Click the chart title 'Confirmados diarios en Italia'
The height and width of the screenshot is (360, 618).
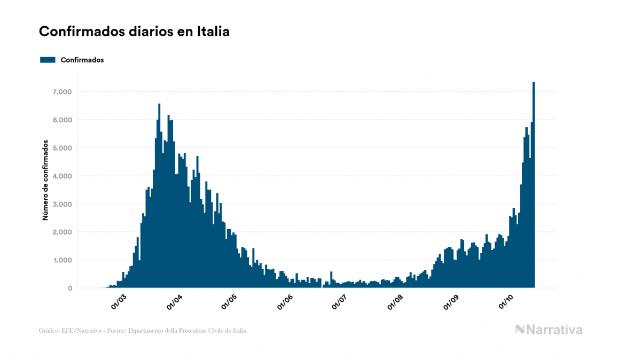point(134,32)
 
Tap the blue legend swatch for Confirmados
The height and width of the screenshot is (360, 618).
point(48,60)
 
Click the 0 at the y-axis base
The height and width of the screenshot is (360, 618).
point(69,288)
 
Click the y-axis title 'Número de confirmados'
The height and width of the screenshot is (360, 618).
point(46,180)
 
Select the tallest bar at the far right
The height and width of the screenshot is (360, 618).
point(534,187)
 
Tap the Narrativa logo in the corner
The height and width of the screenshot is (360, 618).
point(549,330)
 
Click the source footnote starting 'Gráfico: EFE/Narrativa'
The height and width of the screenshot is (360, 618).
point(143,331)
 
